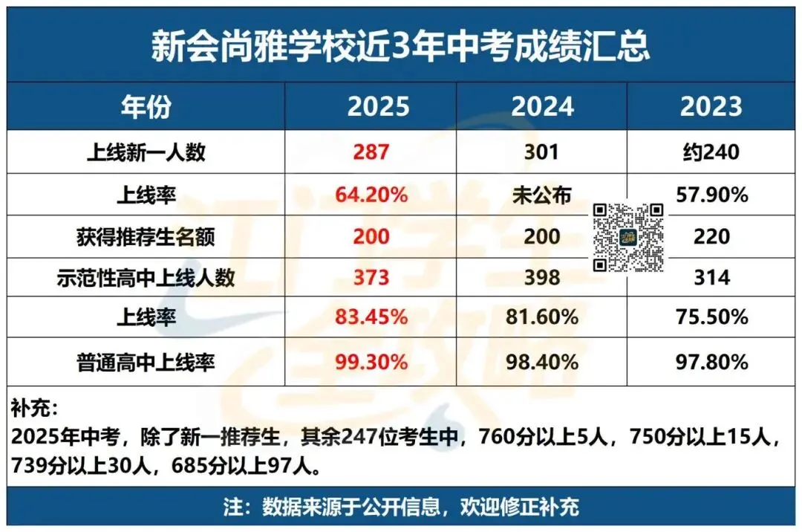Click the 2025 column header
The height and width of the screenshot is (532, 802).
tap(378, 106)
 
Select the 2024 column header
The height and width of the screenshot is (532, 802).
tap(542, 106)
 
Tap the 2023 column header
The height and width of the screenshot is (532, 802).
tap(711, 106)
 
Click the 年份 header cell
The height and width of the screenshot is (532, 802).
tap(146, 106)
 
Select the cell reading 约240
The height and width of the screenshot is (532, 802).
tap(711, 152)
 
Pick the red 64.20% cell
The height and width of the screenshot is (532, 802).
tap(371, 195)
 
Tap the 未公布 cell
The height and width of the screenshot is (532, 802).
tap(541, 195)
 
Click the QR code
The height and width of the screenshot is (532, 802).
tap(627, 237)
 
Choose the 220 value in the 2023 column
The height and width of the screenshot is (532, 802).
tap(711, 237)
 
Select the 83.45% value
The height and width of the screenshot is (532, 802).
tap(371, 317)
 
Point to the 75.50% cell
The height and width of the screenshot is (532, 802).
tap(711, 317)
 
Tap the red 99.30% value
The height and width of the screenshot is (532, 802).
tap(371, 363)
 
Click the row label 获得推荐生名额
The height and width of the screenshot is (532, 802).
tap(146, 237)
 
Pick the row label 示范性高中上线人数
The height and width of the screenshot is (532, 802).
tap(146, 277)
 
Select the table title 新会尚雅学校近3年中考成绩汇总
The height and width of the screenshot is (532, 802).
tap(400, 46)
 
